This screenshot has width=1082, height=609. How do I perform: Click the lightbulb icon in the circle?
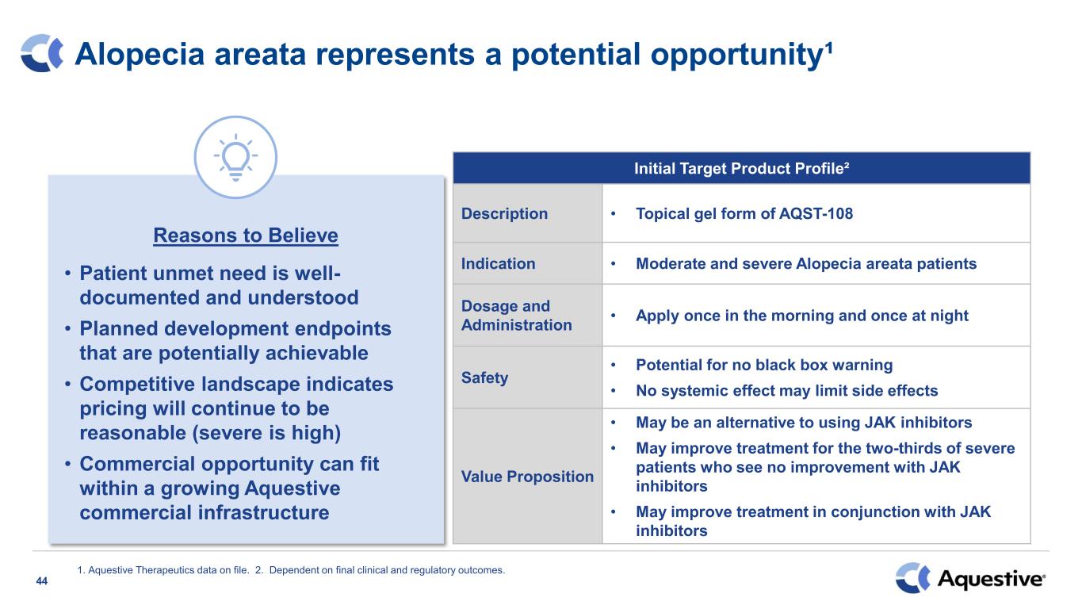(235, 157)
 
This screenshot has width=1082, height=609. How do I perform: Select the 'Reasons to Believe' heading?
(246, 236)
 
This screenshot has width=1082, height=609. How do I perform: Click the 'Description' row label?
(504, 213)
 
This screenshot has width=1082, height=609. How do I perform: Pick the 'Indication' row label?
(498, 263)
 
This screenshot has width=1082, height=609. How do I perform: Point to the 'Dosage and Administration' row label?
(516, 315)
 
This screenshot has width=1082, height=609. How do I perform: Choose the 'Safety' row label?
(484, 377)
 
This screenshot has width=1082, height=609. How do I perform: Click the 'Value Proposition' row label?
(527, 477)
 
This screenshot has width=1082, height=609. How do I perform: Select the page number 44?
(42, 581)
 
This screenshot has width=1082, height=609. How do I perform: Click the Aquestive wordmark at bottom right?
(991, 579)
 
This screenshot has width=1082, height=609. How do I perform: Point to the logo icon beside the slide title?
(42, 53)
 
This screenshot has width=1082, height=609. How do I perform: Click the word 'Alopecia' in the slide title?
(140, 54)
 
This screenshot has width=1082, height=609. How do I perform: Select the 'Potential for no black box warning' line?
(764, 365)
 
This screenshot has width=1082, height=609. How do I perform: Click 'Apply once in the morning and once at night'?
(802, 316)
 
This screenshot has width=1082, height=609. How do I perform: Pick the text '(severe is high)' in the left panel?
(266, 433)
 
